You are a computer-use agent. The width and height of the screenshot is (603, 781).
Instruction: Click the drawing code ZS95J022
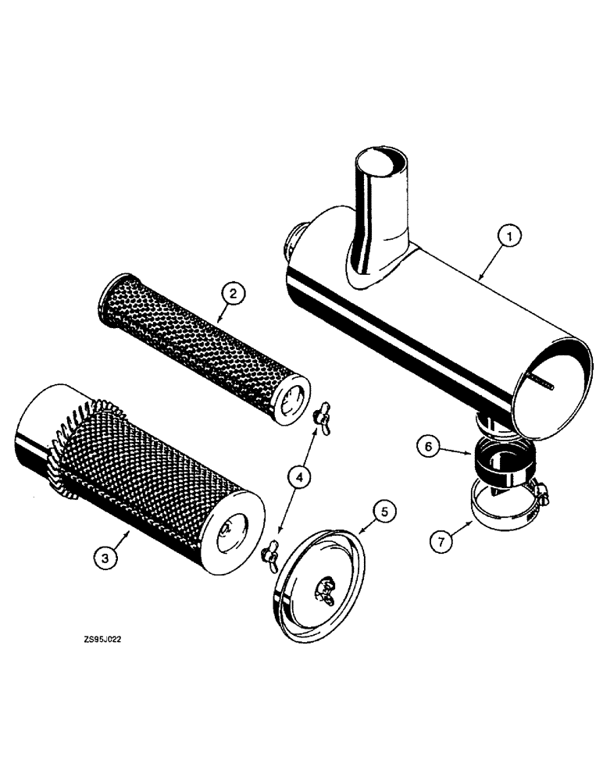[x=102, y=638]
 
